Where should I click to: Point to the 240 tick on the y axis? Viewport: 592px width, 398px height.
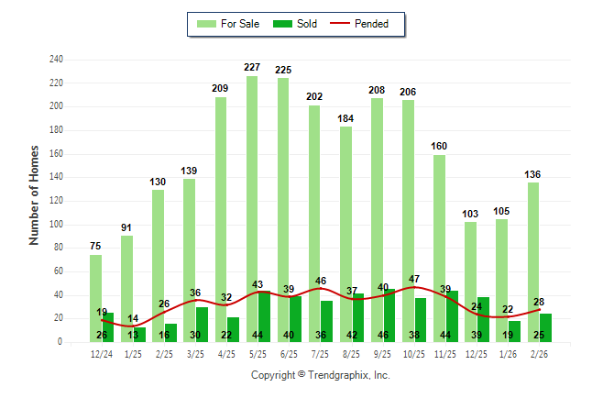tap(57, 60)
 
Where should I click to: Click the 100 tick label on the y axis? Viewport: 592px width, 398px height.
tap(57, 225)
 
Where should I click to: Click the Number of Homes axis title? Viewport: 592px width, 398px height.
tap(35, 194)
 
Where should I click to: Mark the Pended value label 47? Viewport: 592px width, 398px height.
tap(414, 279)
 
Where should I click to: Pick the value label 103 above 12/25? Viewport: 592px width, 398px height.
tap(471, 214)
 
